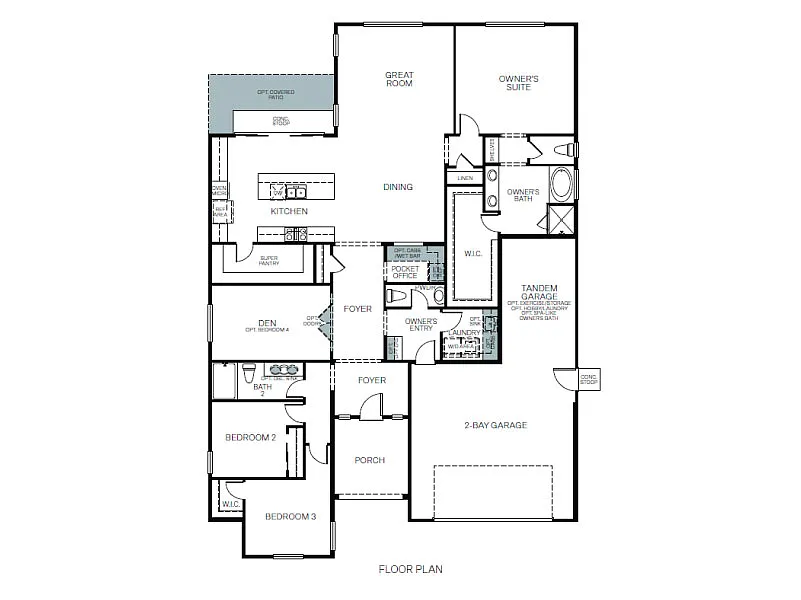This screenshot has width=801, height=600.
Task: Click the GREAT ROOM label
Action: click(399, 79)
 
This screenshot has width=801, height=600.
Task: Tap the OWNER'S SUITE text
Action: click(519, 83)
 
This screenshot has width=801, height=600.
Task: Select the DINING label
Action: click(398, 187)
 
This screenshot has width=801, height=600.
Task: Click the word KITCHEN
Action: click(289, 211)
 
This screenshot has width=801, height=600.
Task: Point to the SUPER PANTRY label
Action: click(269, 260)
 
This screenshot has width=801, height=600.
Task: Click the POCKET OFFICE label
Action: click(405, 272)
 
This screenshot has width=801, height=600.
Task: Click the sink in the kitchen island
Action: click(295, 191)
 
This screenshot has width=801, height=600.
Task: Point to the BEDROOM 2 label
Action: click(250, 437)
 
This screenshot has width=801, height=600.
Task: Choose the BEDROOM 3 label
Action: click(290, 516)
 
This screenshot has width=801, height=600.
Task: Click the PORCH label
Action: click(370, 460)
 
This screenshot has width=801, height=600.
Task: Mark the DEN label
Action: click(267, 323)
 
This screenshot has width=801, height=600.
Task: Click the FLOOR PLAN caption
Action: click(410, 569)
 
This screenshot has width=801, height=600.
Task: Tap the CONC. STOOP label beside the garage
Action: click(588, 380)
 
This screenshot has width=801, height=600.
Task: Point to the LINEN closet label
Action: click(465, 178)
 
